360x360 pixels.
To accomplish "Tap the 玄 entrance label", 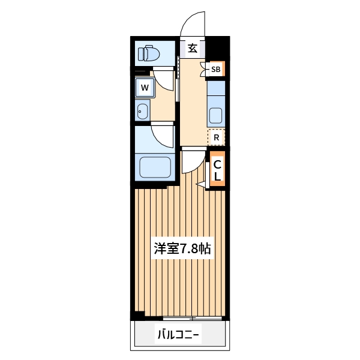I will pyautogui.click(x=192, y=49).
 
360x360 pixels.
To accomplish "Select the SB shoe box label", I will pyautogui.click(x=215, y=70).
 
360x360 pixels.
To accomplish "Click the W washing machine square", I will pyautogui.click(x=145, y=88).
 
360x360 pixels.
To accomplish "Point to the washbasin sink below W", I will pyautogui.click(x=142, y=111).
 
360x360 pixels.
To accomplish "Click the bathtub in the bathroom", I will pyautogui.click(x=155, y=166).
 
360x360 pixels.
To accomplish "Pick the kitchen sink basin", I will pyautogui.click(x=215, y=114).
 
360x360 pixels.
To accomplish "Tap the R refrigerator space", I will pyautogui.click(x=216, y=137).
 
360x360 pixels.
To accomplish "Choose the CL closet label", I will pyautogui.click(x=218, y=171).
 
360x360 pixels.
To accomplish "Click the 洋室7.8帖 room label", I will pyautogui.click(x=182, y=248).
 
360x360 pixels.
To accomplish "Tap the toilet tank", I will pyautogui.click(x=142, y=54).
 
